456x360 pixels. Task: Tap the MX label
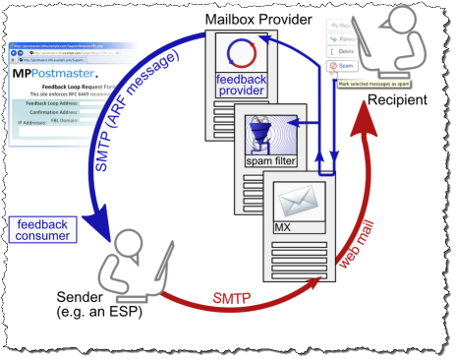(x=287, y=227)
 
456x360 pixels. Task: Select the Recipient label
(x=404, y=101)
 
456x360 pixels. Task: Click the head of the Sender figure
(x=126, y=240)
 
